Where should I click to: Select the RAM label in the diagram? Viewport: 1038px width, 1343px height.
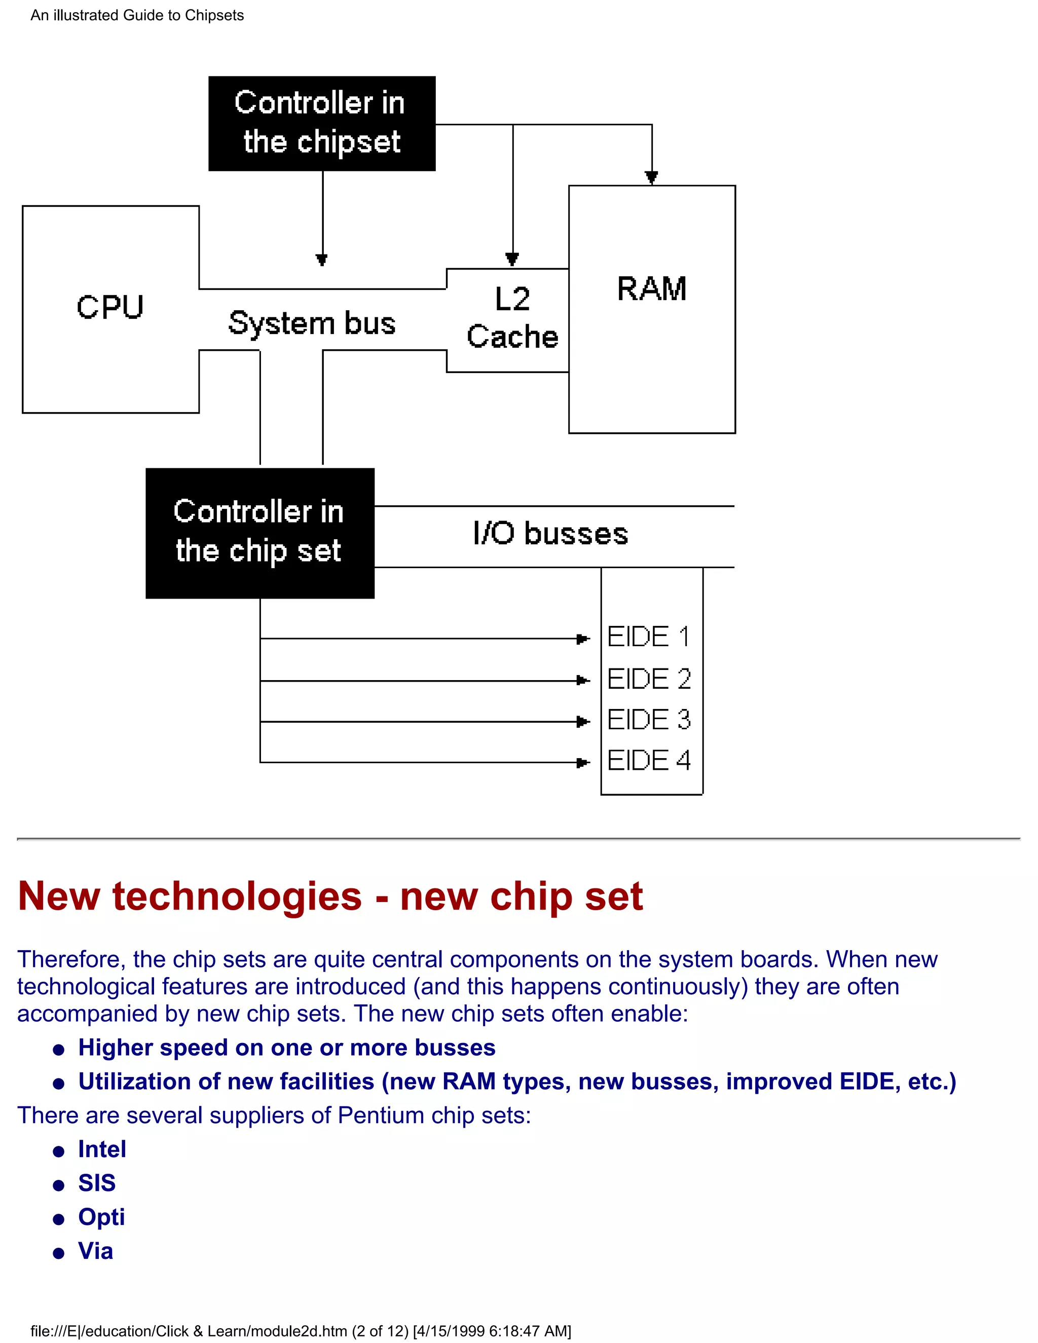click(x=651, y=288)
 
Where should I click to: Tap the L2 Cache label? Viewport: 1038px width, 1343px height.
click(x=512, y=318)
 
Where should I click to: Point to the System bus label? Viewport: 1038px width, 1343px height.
click(x=312, y=323)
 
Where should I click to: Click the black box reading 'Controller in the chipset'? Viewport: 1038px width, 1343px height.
click(x=322, y=123)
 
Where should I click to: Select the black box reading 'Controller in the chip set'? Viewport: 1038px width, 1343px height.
click(x=259, y=533)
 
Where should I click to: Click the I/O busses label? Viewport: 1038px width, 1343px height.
click(x=550, y=533)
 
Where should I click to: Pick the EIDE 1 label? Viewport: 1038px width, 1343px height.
click(x=648, y=637)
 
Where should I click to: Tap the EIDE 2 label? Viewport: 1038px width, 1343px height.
click(x=649, y=679)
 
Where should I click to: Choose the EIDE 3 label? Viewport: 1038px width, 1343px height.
click(x=649, y=720)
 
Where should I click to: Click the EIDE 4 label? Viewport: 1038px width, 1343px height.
click(x=649, y=761)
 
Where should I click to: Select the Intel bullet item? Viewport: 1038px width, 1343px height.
click(x=102, y=1149)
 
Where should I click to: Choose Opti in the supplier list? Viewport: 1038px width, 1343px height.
click(x=101, y=1216)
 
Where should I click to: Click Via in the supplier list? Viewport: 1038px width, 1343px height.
click(x=95, y=1251)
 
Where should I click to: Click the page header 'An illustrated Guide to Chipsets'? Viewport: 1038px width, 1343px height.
click(x=137, y=15)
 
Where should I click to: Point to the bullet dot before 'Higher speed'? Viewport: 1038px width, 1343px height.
click(x=59, y=1050)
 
